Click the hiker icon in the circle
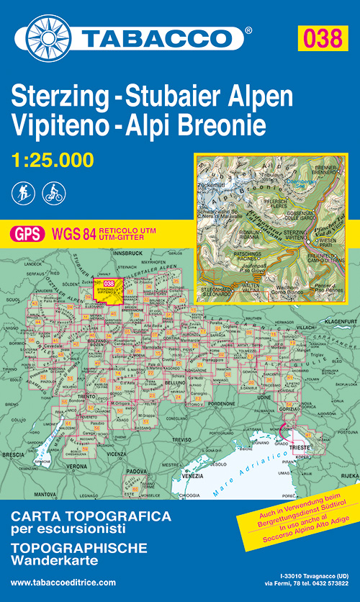point(22,193)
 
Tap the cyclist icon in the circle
point(53,193)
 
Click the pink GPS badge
point(26,233)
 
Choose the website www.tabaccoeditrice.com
point(63,582)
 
